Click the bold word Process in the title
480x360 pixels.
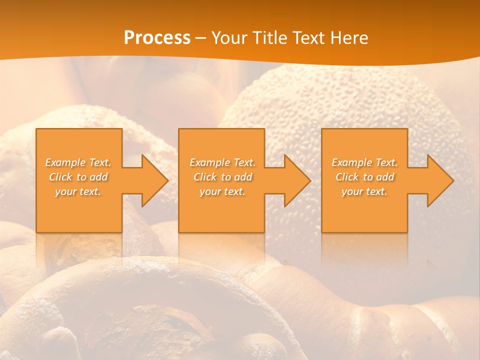click(157, 38)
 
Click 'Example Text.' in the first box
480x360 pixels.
click(78, 162)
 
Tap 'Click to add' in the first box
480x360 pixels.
click(78, 177)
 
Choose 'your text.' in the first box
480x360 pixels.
click(78, 191)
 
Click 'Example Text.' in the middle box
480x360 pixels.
click(222, 162)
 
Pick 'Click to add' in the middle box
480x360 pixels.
click(222, 177)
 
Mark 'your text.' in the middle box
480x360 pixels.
click(222, 191)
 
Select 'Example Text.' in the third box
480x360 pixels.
click(364, 162)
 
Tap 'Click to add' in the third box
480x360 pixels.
click(364, 177)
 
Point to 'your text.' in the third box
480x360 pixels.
click(364, 191)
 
